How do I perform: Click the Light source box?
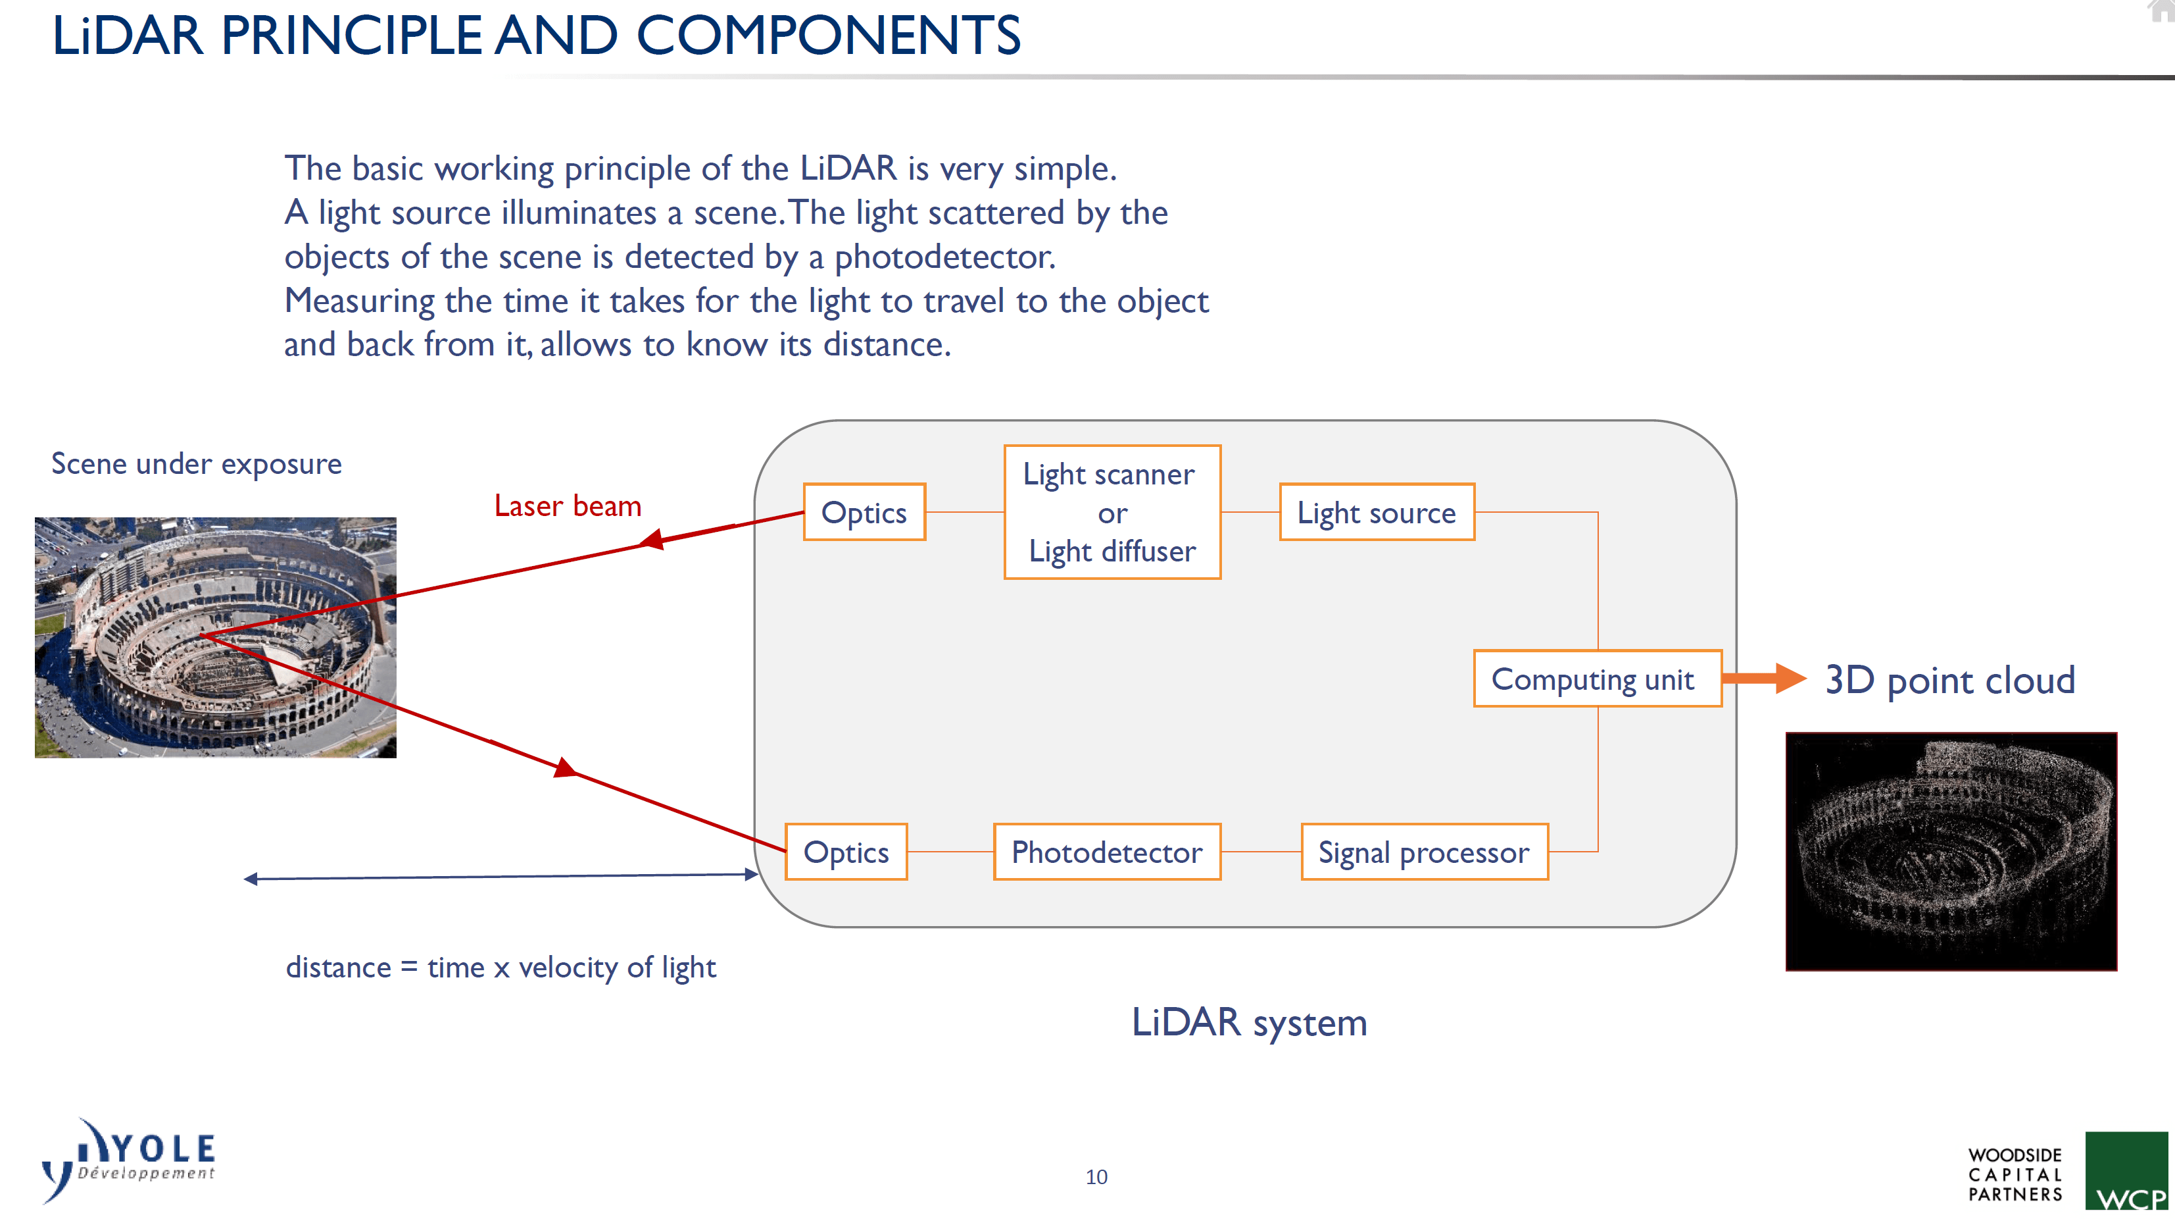[x=1377, y=512]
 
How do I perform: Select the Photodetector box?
[x=1107, y=852]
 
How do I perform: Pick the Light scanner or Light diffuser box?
[x=1112, y=512]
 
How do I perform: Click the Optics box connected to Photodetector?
[x=846, y=852]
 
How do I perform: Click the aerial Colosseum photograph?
[x=215, y=637]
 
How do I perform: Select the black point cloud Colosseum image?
[x=1951, y=852]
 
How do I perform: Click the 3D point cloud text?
[x=1949, y=680]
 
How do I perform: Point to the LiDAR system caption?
[x=1249, y=1022]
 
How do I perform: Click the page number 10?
[x=1096, y=1177]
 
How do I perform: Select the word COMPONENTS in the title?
[x=828, y=36]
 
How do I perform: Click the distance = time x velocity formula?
[x=500, y=968]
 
